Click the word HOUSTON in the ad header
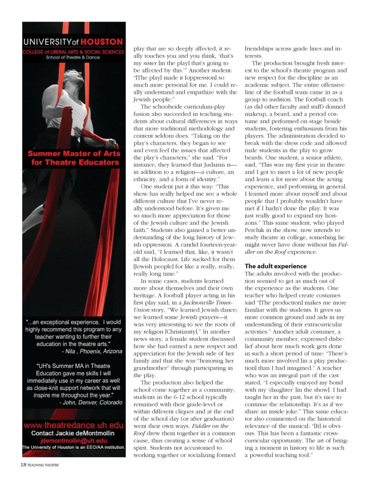pyautogui.click(x=102, y=42)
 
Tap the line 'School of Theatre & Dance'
pyautogui.click(x=73, y=57)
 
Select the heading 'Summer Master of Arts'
pyautogui.click(x=74, y=153)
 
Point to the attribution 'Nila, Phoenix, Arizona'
pyautogui.click(x=92, y=351)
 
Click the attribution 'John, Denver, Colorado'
pyautogui.click(x=91, y=402)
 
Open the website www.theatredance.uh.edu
pyautogui.click(x=74, y=425)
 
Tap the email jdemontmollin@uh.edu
pyautogui.click(x=74, y=440)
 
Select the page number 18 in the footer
pyautogui.click(x=23, y=465)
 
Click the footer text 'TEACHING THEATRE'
pyautogui.click(x=43, y=465)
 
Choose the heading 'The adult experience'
pyautogui.click(x=276, y=266)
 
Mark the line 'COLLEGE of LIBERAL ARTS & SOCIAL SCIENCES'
pyautogui.click(x=73, y=52)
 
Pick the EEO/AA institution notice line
pyautogui.click(x=74, y=447)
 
